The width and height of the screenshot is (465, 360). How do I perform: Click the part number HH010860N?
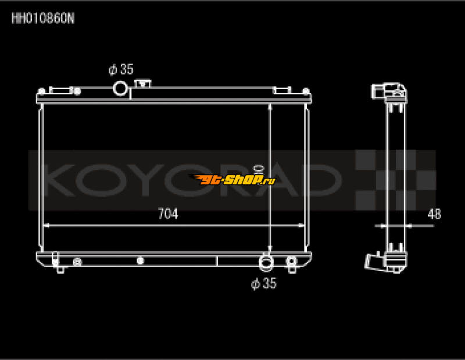[x=43, y=18]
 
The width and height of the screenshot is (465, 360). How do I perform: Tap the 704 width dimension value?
[x=168, y=214]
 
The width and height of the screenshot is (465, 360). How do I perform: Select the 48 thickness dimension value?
[x=434, y=213]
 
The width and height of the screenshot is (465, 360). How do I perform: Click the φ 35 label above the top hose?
[x=121, y=70]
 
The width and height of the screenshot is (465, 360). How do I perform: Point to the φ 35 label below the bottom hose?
[x=263, y=284]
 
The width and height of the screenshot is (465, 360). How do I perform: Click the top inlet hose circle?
[x=120, y=88]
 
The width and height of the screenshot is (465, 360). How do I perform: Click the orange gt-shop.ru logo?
[x=233, y=180]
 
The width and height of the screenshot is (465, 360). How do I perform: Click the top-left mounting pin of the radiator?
[x=41, y=91]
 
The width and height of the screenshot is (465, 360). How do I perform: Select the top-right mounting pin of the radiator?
[x=306, y=91]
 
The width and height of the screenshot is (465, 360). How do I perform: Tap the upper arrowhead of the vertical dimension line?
[x=271, y=108]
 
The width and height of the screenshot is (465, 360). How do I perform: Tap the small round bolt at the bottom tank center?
[x=139, y=261]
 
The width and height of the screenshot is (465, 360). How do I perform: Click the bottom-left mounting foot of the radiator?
[x=59, y=269]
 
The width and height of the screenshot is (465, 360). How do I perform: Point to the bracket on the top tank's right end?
[x=282, y=90]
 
